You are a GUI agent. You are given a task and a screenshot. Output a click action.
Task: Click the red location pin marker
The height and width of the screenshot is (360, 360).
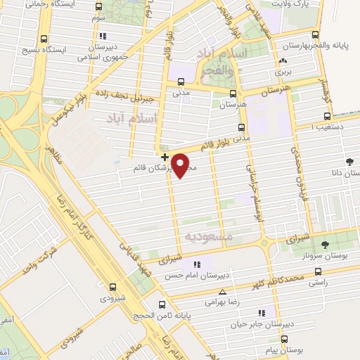[x=181, y=165]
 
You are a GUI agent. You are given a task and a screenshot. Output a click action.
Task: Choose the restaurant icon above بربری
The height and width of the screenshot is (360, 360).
[x=282, y=60]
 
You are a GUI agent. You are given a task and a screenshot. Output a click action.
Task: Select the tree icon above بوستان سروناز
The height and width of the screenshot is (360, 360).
[x=324, y=244]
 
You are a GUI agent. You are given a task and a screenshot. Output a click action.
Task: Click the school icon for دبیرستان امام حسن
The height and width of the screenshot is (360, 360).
[x=198, y=264]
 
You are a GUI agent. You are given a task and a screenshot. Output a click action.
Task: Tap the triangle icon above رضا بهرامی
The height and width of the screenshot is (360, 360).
[x=223, y=291]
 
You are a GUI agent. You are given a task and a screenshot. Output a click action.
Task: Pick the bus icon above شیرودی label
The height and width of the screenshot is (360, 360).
[x=112, y=286]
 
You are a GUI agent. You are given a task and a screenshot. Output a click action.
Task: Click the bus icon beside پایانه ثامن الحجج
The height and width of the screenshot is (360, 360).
[x=162, y=305]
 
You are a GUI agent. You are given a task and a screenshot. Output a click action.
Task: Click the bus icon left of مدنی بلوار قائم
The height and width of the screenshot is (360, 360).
[x=241, y=127]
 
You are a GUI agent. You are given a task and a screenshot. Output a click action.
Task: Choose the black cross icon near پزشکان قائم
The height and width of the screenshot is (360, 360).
[x=165, y=156]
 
